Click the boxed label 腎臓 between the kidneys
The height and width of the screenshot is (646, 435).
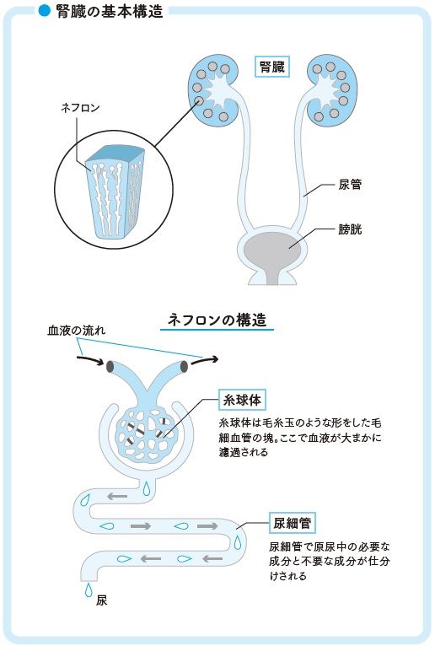pos(272,67)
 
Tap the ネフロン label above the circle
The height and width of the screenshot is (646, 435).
pos(80,108)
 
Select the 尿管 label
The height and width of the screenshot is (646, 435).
pos(350,184)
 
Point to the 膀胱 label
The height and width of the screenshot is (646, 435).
pos(350,229)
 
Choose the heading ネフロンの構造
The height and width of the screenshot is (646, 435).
pos(217,320)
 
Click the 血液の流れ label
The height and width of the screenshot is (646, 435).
pos(77,330)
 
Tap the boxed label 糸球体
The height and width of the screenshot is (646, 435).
pos(242,400)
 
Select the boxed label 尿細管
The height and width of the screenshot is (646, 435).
pos(292,523)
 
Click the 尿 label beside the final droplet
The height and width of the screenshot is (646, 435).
pos(101,600)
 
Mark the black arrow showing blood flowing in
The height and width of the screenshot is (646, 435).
pos(90,360)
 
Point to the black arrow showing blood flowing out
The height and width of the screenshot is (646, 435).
pos(204,360)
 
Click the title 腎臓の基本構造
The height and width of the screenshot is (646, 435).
pos(110,12)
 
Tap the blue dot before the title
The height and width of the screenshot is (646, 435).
pos(44,11)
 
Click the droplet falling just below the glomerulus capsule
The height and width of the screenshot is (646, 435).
pos(147,488)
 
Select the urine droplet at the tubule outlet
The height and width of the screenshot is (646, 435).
pos(89,590)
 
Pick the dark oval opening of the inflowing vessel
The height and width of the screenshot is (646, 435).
pos(110,366)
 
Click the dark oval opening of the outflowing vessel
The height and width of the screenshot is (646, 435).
pos(184,366)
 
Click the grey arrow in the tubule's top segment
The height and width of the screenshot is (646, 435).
pos(117,496)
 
